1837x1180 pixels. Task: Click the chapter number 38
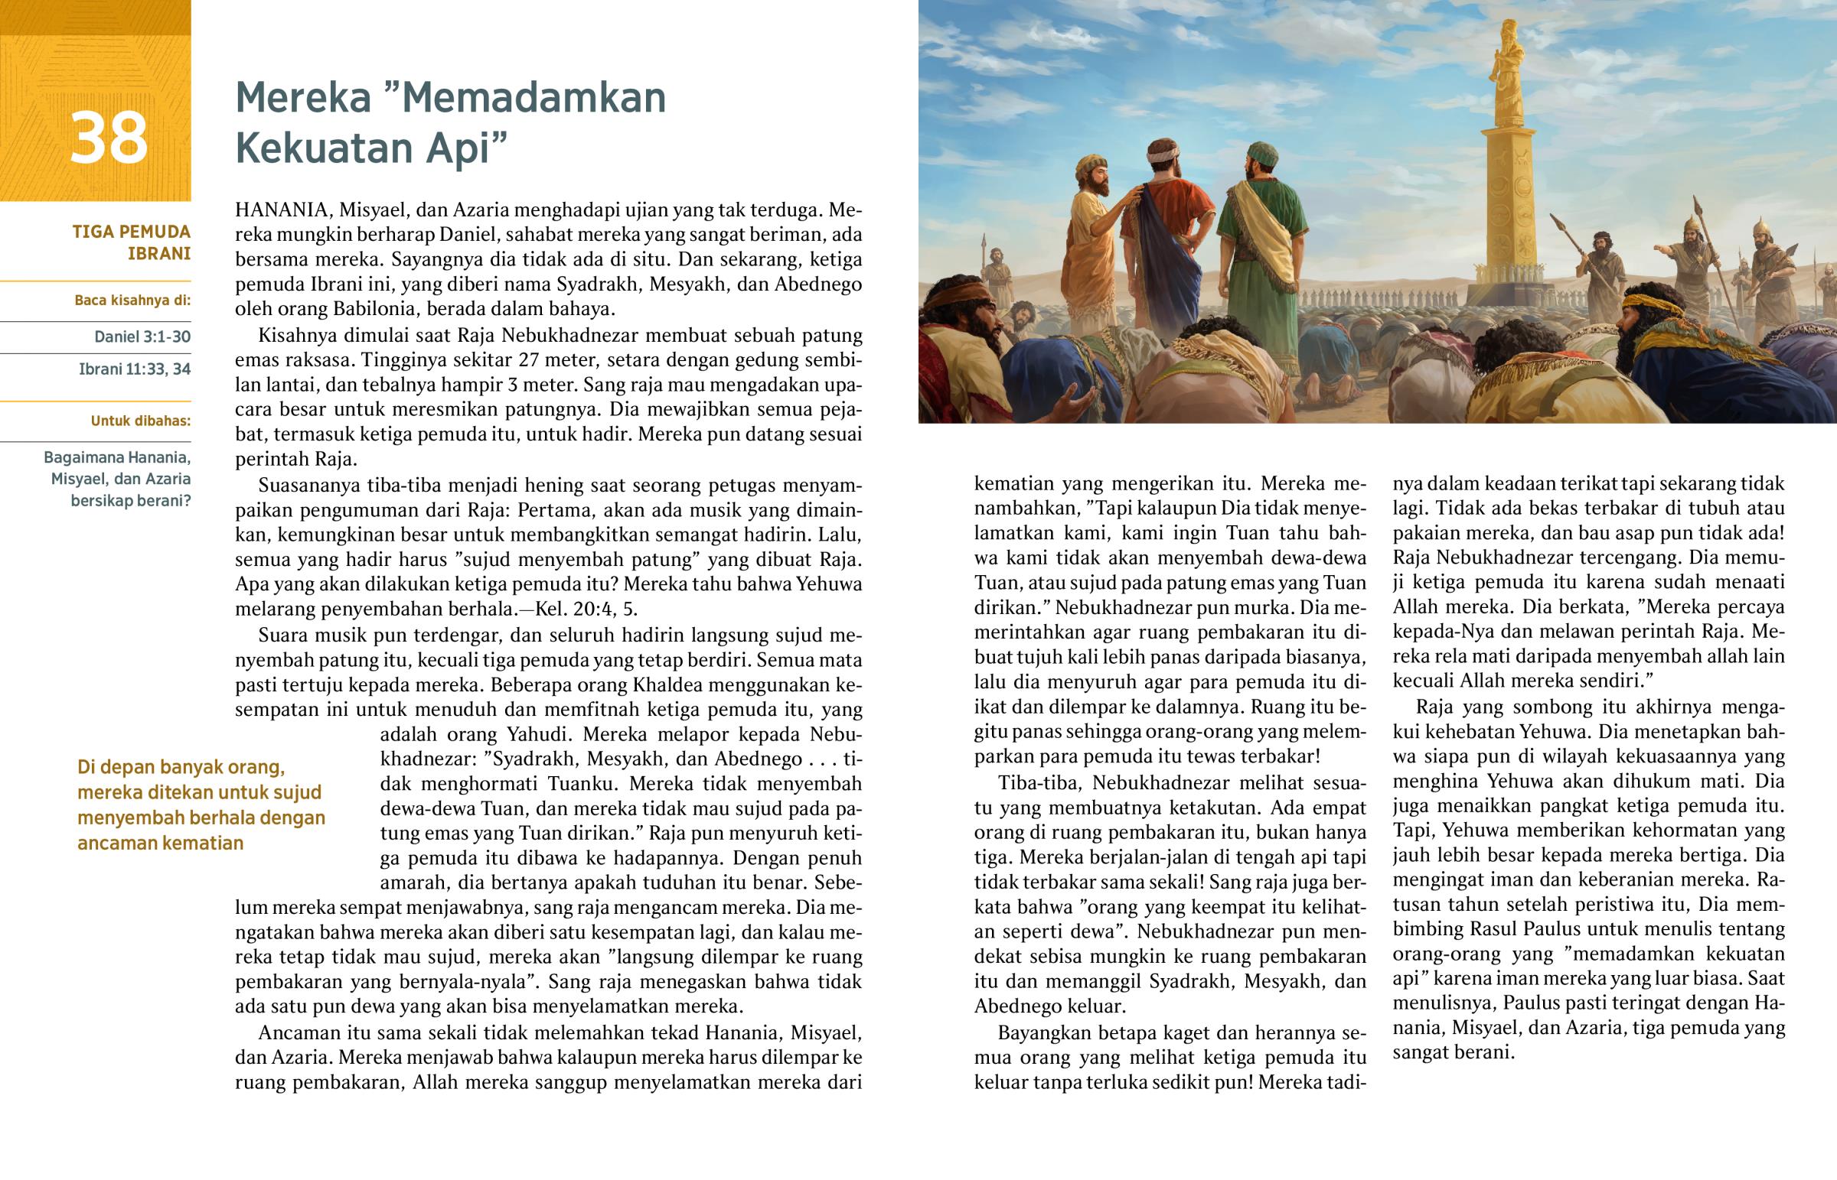point(109,138)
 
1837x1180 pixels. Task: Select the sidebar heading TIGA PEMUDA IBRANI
point(132,242)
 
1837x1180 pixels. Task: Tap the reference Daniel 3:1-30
point(142,336)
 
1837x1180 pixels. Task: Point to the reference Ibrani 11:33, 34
point(135,369)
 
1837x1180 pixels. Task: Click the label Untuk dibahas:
point(141,421)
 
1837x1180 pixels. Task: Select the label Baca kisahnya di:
point(132,301)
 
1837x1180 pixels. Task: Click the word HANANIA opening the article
point(284,210)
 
